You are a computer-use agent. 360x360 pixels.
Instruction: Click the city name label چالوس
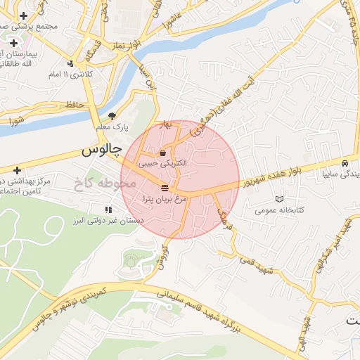101,150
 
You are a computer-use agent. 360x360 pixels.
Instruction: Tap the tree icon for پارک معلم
112,117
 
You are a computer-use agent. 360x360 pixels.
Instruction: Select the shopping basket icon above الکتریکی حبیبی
163,153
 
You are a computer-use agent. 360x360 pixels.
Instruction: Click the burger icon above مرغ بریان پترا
165,188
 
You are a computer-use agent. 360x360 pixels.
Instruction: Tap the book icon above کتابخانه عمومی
281,200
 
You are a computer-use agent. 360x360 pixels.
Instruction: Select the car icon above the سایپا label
345,160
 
